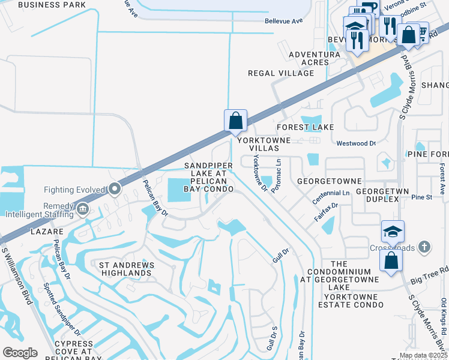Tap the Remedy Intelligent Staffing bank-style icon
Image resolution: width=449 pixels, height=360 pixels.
click(x=82, y=209)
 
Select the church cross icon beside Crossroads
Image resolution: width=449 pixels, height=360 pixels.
click(x=424, y=247)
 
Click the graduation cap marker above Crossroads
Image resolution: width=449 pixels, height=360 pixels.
click(x=392, y=232)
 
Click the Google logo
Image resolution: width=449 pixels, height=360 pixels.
click(x=20, y=352)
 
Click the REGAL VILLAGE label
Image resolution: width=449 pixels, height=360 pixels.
click(x=281, y=73)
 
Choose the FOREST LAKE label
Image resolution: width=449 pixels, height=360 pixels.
click(x=305, y=127)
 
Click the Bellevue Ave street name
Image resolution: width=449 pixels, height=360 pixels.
click(x=284, y=20)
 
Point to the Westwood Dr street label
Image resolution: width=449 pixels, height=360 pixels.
click(x=356, y=144)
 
